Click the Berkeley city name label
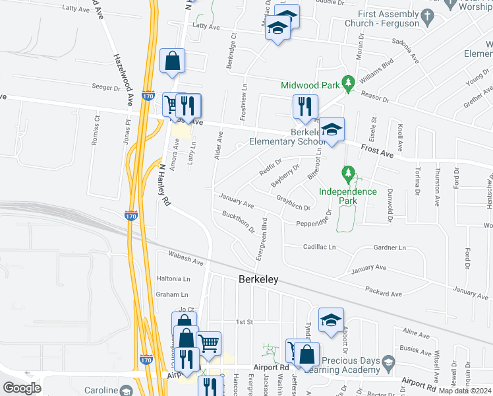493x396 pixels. coord(258,280)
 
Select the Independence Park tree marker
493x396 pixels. coord(348,175)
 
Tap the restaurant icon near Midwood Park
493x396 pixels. coord(305,106)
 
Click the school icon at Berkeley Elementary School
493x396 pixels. coord(333,129)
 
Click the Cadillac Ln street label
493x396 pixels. coord(320,247)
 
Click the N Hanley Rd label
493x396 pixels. coord(164,184)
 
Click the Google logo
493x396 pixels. coord(22,387)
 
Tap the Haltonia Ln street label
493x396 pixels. coord(173,279)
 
